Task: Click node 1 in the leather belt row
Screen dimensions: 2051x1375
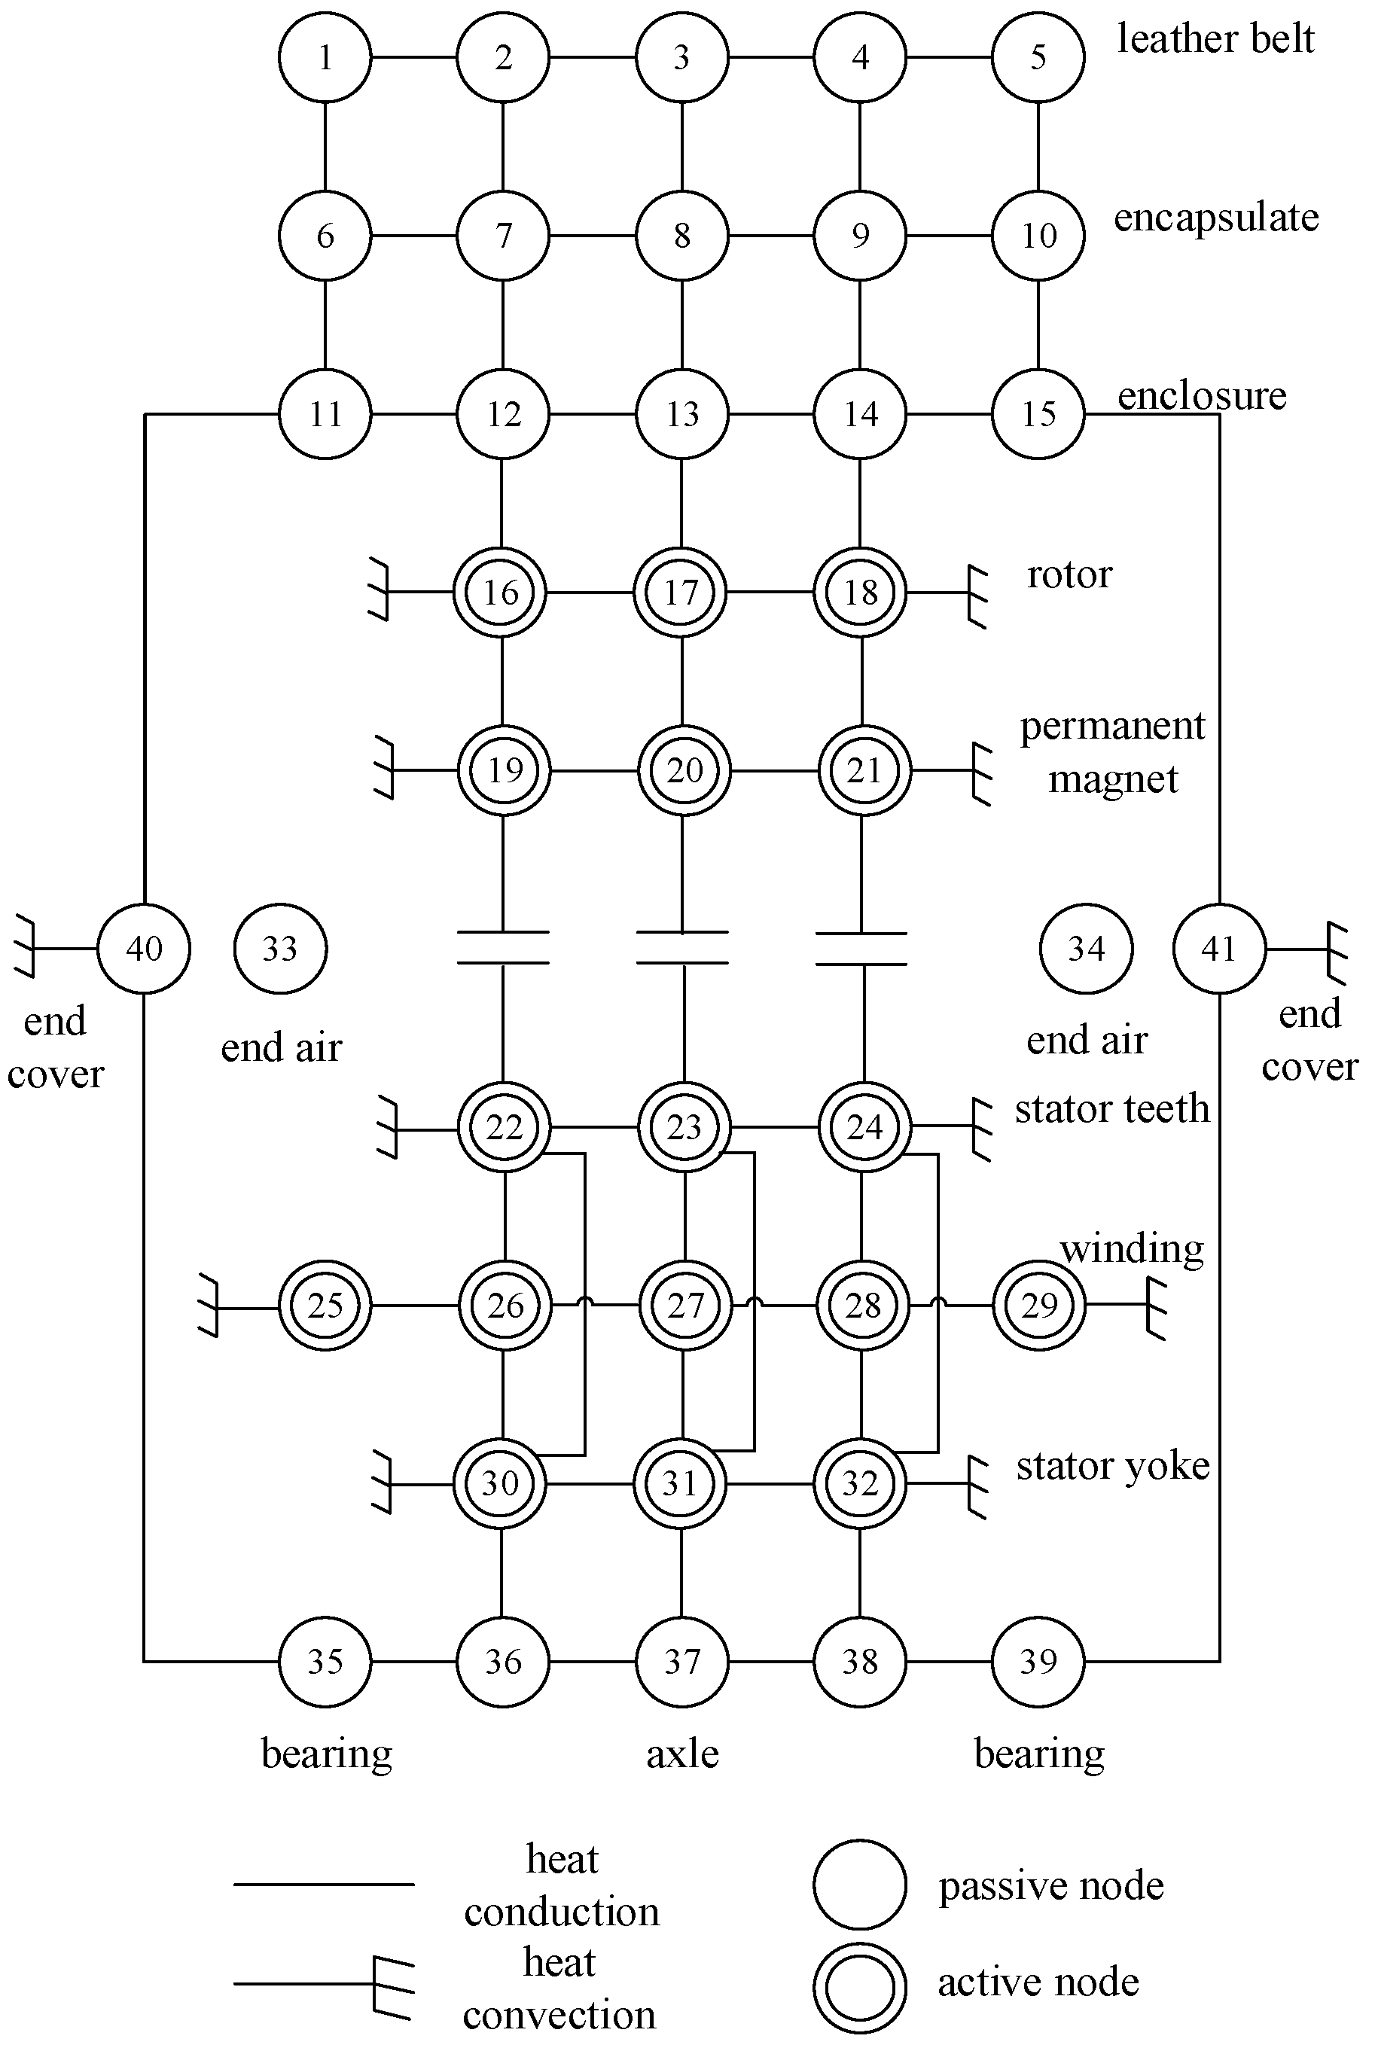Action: tap(325, 57)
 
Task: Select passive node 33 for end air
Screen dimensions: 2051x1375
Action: tap(281, 948)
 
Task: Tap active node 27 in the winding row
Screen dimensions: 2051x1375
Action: tap(685, 1306)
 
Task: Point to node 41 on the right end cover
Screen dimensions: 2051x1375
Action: tap(1219, 948)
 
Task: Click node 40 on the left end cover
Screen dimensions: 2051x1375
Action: tap(144, 948)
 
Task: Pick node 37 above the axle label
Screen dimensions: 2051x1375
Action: tap(682, 1662)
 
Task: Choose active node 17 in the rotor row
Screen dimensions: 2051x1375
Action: tap(681, 592)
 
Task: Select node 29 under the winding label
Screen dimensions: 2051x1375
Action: tap(1039, 1306)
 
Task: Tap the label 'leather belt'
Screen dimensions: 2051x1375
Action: tap(1215, 39)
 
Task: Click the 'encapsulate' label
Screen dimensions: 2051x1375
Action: tap(1216, 218)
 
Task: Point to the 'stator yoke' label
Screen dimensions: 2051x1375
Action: tap(1113, 1466)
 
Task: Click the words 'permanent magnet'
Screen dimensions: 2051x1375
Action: tap(1113, 752)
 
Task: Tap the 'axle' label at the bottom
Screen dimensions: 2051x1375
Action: tap(682, 1754)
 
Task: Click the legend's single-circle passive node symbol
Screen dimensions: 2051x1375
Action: tap(859, 1885)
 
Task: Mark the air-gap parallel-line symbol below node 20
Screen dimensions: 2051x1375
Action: tap(682, 947)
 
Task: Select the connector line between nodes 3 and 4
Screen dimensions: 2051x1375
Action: tap(771, 57)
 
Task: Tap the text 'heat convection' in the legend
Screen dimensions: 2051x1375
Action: tap(559, 1988)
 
